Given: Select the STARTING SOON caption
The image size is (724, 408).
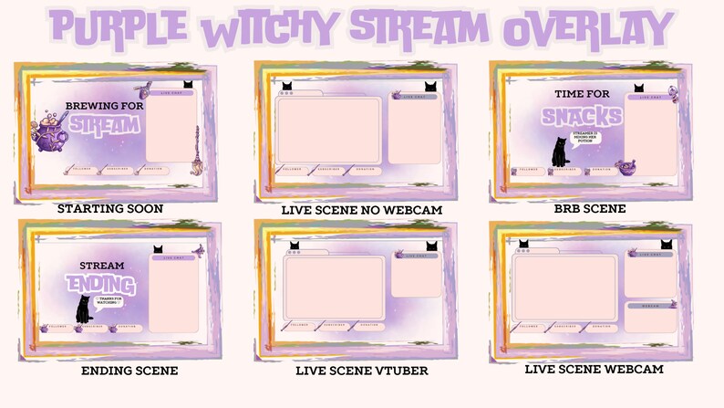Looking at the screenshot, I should click(x=110, y=209).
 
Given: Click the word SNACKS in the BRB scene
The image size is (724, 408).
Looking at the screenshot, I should click(x=582, y=116).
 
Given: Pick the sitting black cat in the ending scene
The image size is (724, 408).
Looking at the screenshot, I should click(x=84, y=310).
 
